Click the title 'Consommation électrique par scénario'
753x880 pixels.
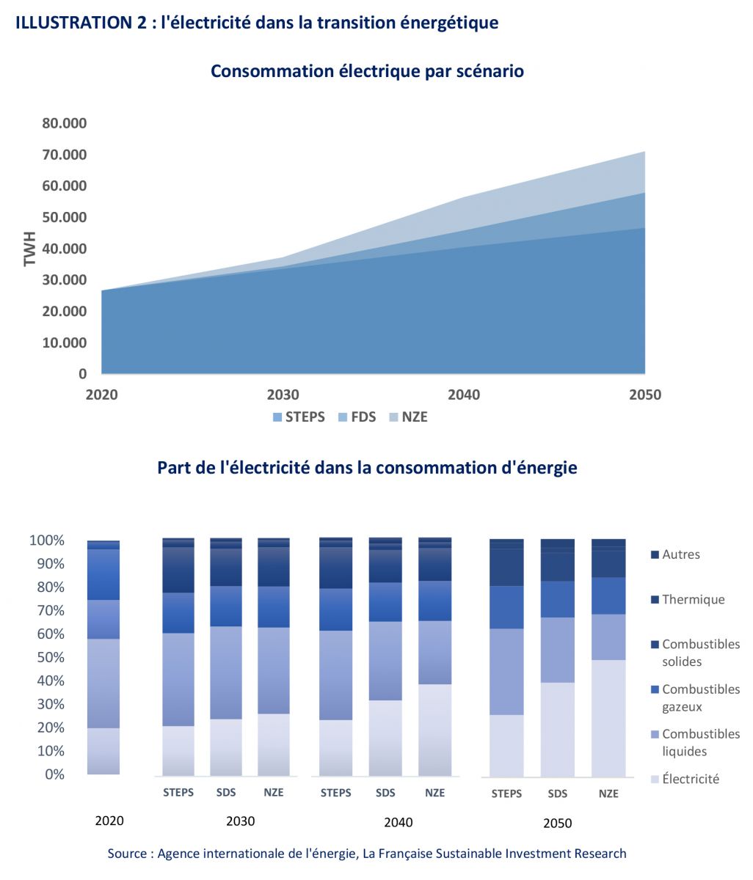pos(367,71)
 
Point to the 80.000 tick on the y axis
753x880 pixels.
pos(65,123)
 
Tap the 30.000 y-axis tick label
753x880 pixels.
pos(65,280)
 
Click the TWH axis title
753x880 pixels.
pos(30,249)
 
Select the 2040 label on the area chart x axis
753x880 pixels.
pos(463,395)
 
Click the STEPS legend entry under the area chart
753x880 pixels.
pos(299,417)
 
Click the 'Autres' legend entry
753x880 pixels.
pos(680,554)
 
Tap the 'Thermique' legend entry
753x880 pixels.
pos(693,599)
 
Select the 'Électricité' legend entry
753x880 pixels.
pos(690,779)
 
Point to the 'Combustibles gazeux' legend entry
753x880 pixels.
pos(700,698)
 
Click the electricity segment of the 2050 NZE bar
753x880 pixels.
pos(608,719)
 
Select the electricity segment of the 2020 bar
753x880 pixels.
pos(103,751)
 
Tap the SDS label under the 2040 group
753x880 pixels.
pos(385,793)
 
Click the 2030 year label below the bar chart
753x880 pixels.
pos(241,821)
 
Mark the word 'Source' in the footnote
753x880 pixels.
pos(129,854)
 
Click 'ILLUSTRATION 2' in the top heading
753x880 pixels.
pos(80,23)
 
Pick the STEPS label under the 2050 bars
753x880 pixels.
pos(506,793)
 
